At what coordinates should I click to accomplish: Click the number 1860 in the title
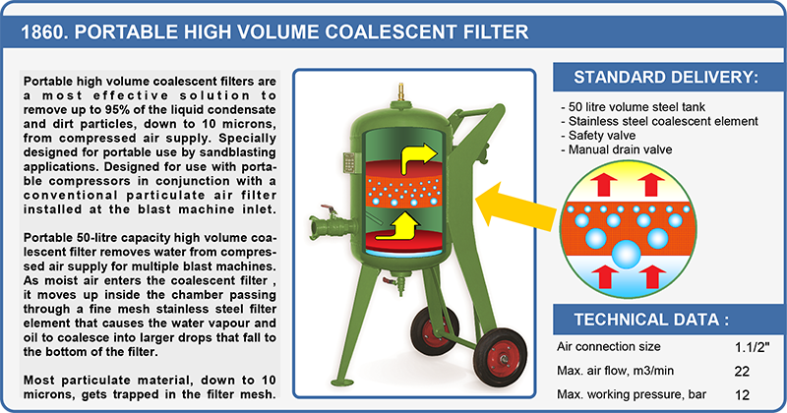43,32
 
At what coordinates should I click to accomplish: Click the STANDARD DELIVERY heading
666,78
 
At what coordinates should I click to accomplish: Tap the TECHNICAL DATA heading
651,320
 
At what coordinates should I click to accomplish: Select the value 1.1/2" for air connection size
752,347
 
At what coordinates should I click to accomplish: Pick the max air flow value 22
742,372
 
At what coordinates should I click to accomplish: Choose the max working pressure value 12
742,395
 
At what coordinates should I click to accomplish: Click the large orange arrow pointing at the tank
515,205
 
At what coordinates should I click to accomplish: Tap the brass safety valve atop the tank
400,92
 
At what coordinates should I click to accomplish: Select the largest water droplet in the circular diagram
627,255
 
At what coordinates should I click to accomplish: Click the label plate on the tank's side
349,163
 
